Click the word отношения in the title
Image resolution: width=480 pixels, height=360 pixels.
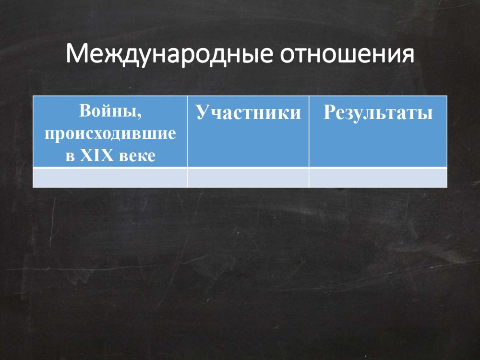[x=347, y=55]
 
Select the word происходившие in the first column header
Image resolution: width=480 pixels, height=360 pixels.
[x=110, y=134]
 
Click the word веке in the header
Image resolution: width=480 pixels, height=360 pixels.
[x=137, y=156]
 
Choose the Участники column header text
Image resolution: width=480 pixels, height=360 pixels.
[x=248, y=113]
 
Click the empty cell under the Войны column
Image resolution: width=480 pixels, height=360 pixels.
[x=110, y=178]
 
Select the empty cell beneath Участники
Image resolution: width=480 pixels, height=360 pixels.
[x=248, y=178]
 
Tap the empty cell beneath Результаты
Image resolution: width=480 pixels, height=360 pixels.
[x=378, y=178]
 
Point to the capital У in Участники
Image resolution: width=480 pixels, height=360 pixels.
[x=202, y=113]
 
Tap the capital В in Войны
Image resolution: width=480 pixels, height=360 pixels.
[x=85, y=110]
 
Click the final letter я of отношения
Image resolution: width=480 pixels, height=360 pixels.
[x=408, y=56]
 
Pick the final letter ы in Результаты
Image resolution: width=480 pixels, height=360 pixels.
[x=426, y=114]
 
